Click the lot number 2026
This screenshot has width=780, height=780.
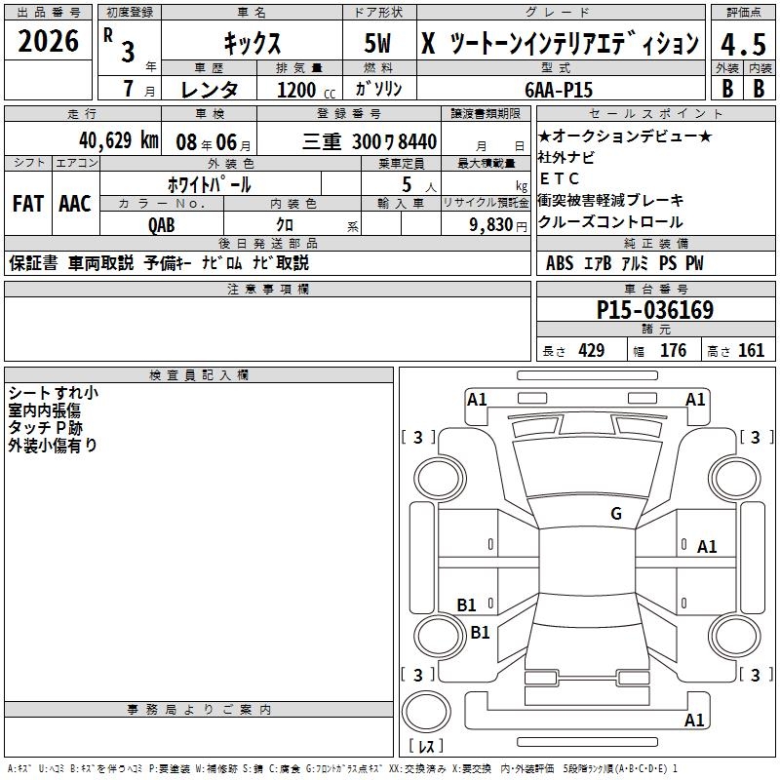(48, 41)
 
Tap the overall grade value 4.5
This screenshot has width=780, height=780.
(743, 44)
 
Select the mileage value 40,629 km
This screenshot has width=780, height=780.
(119, 140)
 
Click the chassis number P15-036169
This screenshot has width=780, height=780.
(655, 310)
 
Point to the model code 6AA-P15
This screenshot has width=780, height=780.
(559, 90)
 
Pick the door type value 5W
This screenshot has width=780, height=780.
(377, 43)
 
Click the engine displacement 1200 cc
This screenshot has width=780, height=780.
(306, 90)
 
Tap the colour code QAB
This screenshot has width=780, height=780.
(162, 225)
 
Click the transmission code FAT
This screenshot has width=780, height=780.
(28, 204)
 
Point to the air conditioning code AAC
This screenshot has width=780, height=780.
(75, 204)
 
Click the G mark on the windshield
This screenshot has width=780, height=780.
(616, 513)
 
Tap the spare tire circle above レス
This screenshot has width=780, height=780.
(426, 712)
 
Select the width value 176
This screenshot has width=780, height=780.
(673, 350)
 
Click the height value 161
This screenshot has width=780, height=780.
(751, 350)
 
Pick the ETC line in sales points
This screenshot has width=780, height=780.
(559, 178)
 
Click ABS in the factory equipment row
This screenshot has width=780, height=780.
(560, 263)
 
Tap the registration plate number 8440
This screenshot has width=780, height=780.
(417, 141)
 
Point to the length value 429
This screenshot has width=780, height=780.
(592, 350)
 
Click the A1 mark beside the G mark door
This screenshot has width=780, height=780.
(706, 547)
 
